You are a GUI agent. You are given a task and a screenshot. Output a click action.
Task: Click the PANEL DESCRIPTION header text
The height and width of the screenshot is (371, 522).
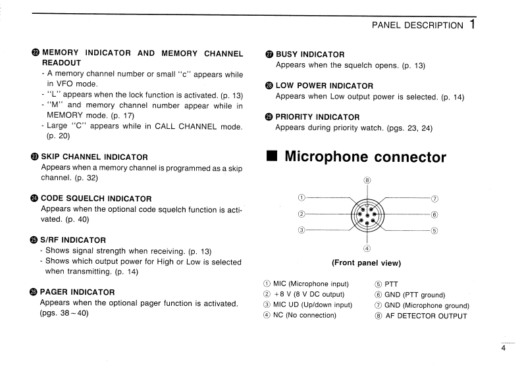417,25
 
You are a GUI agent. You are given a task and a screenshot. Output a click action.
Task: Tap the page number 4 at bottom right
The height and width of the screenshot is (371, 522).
504,349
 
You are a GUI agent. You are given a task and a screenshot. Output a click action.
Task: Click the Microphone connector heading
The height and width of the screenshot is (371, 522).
365,157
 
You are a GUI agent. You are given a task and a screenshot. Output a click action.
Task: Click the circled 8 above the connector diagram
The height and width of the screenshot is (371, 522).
367,180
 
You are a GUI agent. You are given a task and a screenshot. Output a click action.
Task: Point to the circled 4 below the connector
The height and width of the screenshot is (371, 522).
367,248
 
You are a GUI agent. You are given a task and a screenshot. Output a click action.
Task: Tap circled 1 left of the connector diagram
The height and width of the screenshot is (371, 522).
301,197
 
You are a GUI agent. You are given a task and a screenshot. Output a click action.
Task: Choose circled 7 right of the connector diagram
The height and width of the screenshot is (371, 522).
434,198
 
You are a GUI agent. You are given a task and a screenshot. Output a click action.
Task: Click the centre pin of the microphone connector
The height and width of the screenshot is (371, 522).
367,214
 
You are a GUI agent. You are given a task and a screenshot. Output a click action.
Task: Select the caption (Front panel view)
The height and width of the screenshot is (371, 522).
367,262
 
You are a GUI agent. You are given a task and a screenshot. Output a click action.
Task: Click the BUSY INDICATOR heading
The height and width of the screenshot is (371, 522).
309,54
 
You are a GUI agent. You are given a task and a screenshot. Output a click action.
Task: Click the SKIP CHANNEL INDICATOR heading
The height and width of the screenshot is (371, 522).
94,157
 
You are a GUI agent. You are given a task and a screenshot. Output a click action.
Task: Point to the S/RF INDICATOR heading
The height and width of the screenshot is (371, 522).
73,239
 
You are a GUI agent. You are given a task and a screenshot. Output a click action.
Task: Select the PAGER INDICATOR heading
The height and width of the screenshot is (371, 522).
78,291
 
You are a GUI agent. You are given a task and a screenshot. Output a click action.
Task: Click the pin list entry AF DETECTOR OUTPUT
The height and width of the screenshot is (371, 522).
425,316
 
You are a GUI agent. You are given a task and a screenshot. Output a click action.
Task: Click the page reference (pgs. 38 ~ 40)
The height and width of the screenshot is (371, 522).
64,313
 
